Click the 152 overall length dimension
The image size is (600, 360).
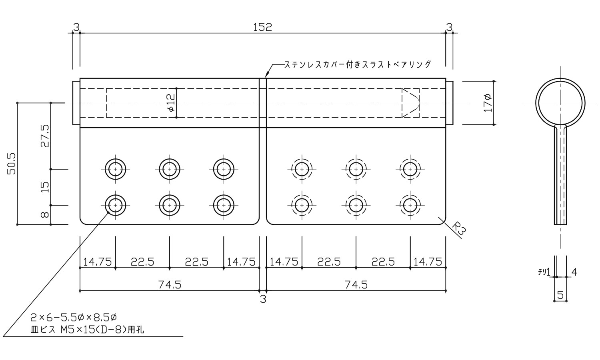click(x=262, y=27)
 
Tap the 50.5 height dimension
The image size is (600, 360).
click(x=12, y=164)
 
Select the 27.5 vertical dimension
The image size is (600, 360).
click(x=45, y=136)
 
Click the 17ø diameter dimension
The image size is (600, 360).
click(x=488, y=102)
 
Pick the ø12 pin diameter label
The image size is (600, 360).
click(x=171, y=102)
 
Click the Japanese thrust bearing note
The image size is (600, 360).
click(x=358, y=64)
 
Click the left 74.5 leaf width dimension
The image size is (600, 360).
click(x=170, y=284)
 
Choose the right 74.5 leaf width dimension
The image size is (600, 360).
click(x=356, y=284)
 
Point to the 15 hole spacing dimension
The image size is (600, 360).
click(x=45, y=187)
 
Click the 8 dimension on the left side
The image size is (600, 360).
click(x=45, y=215)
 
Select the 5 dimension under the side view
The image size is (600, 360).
click(x=560, y=296)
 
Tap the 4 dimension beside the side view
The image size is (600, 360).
click(x=574, y=272)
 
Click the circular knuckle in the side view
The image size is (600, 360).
click(x=560, y=102)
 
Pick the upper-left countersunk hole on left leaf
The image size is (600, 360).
click(x=116, y=169)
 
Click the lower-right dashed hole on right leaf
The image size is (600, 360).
click(x=410, y=205)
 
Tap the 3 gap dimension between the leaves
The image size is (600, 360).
click(x=263, y=299)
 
